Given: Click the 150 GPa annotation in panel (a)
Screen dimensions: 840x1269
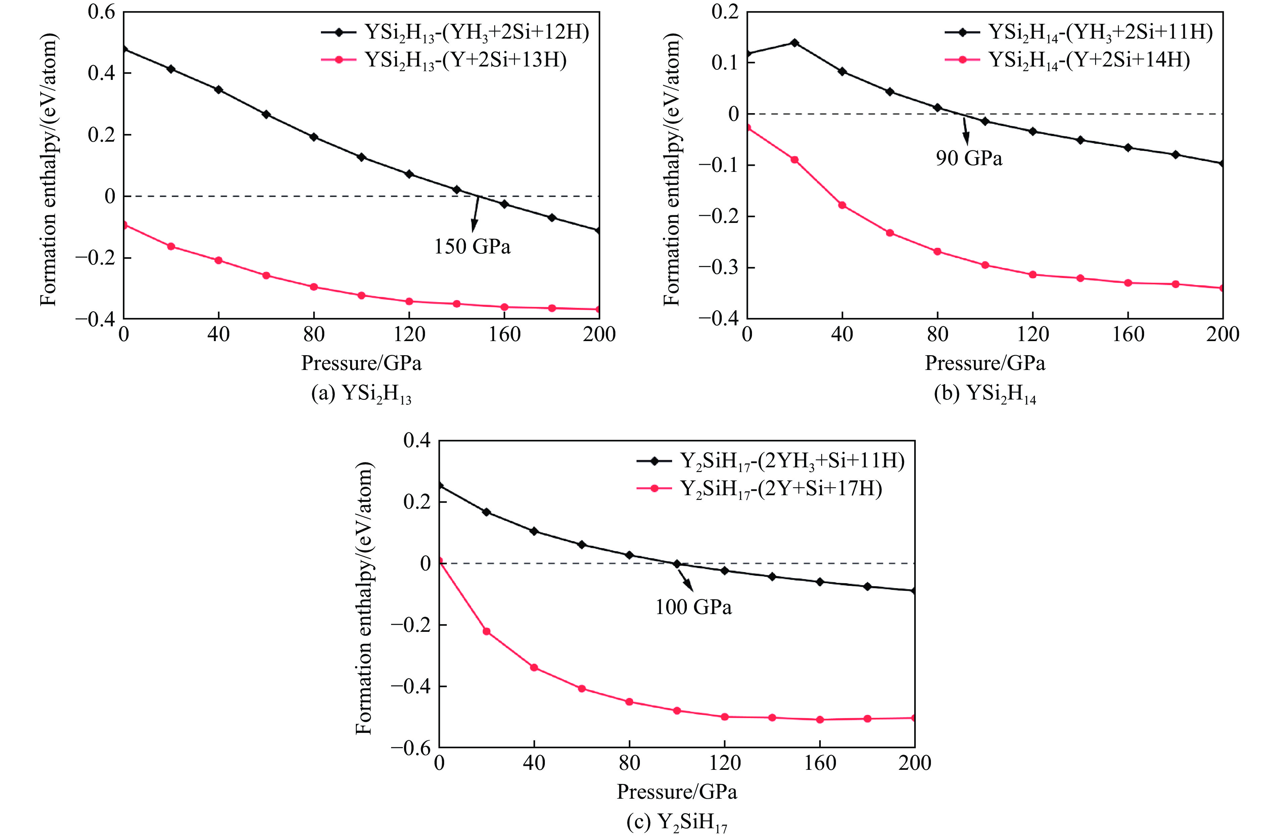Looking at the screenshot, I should tap(472, 246).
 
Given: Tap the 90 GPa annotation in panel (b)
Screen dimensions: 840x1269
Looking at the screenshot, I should tap(969, 158).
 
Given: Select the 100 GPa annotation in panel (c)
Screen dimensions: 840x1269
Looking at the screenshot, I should tap(693, 607).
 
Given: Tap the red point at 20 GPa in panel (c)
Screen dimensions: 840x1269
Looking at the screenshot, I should tap(486, 632).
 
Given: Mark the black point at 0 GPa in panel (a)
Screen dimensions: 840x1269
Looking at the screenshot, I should tap(124, 49).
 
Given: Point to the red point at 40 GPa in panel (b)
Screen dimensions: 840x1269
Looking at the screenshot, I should tap(842, 205).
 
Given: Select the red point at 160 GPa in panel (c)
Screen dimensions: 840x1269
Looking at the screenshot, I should tap(819, 719).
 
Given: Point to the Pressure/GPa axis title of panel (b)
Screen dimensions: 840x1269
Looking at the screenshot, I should tap(985, 363).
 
